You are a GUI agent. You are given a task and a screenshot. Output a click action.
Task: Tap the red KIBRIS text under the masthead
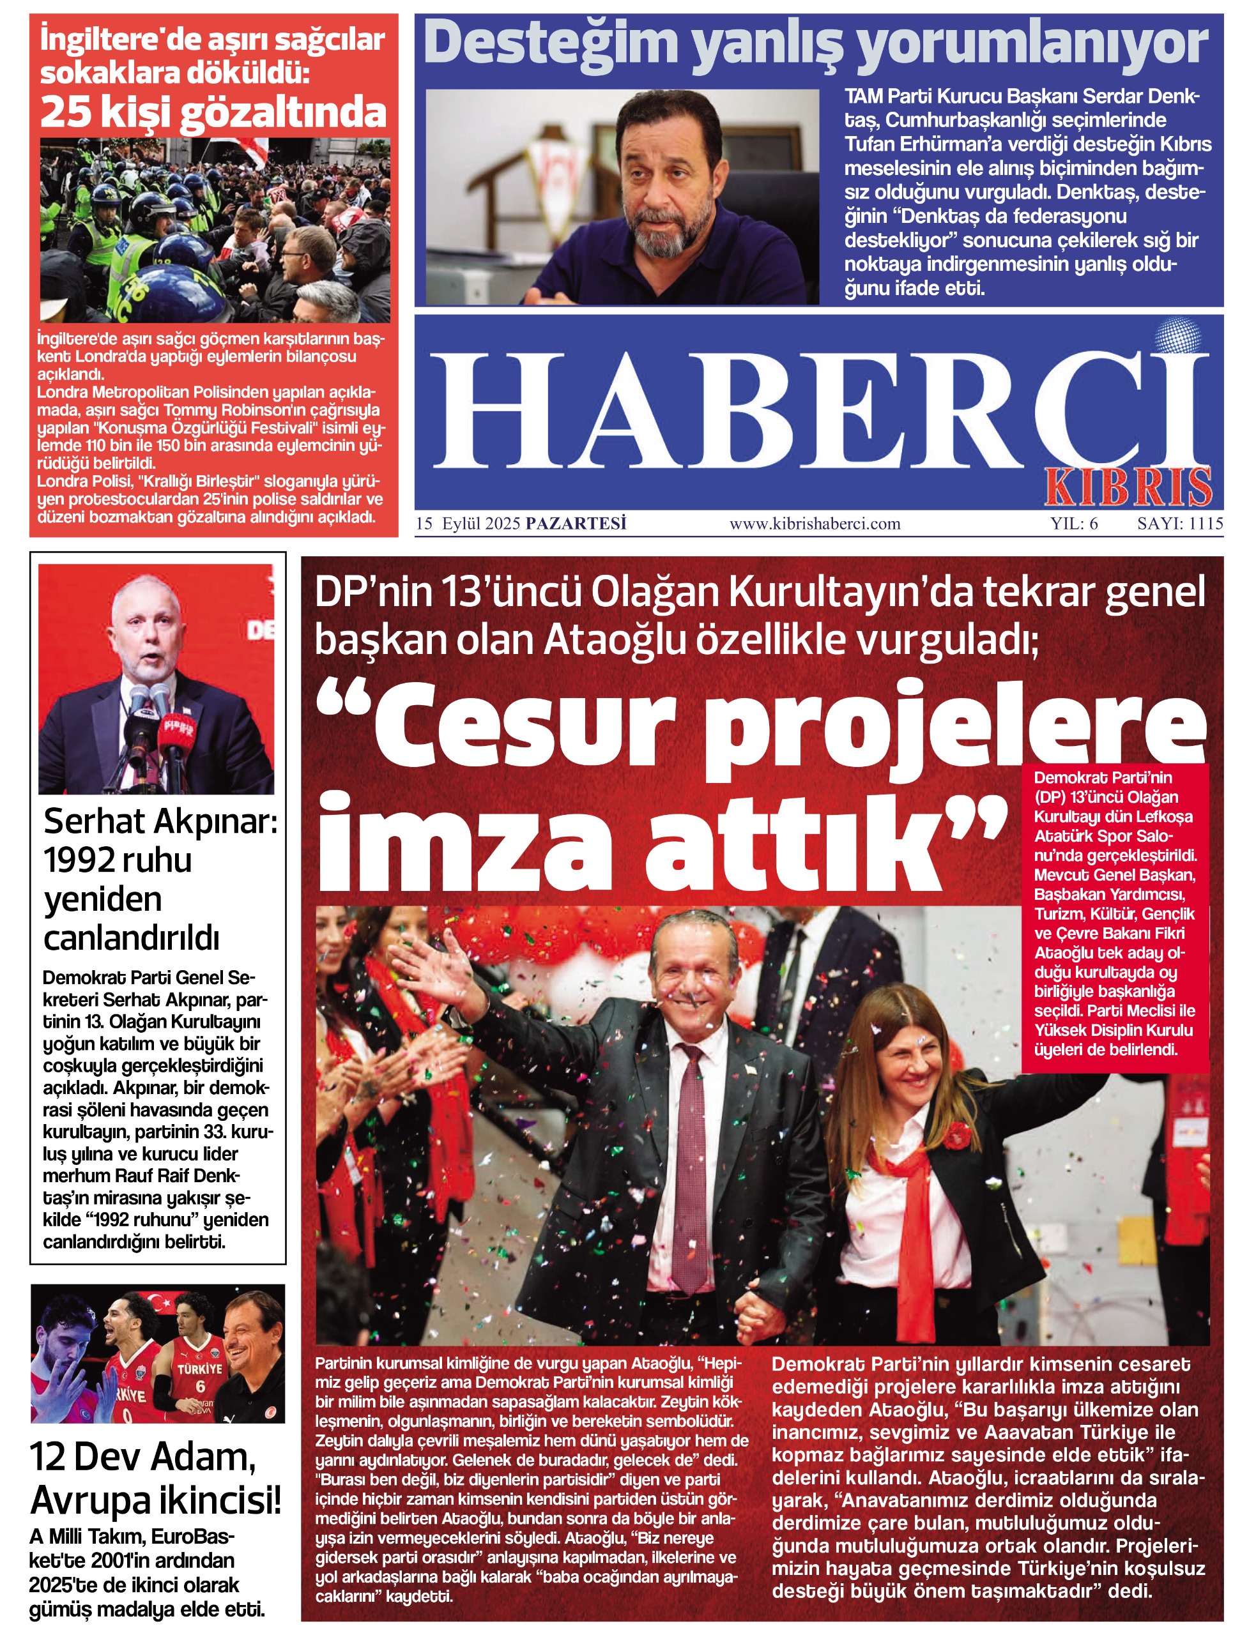pos(1128,487)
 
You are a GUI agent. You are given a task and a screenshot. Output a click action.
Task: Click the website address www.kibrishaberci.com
pos(815,524)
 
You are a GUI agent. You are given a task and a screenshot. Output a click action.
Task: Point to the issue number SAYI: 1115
pos(1180,524)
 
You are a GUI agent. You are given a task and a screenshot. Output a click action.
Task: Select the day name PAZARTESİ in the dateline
pos(576,524)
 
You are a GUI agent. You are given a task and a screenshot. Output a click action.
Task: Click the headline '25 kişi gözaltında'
pos(213,112)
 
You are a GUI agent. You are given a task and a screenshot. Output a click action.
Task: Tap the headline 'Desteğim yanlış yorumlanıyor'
pos(815,43)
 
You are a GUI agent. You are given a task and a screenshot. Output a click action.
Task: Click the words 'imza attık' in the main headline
pos(662,840)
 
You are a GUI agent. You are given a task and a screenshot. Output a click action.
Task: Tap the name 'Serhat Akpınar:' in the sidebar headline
pos(160,821)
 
